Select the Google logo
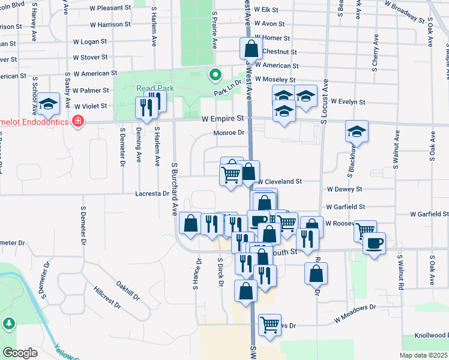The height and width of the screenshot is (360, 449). point(20,352)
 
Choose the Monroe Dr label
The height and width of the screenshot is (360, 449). point(230,133)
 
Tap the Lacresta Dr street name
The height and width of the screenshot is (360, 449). point(152,194)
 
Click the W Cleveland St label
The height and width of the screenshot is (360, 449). point(279,181)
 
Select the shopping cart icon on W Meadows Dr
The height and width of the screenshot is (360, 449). point(270,325)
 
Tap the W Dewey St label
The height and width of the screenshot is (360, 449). point(345,189)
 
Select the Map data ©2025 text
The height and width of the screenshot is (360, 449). point(423,355)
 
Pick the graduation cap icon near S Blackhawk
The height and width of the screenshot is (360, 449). point(357,132)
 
